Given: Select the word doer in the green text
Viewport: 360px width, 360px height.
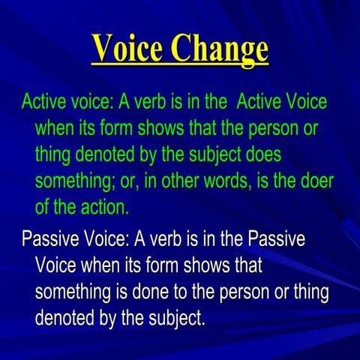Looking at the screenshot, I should pos(315,181).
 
